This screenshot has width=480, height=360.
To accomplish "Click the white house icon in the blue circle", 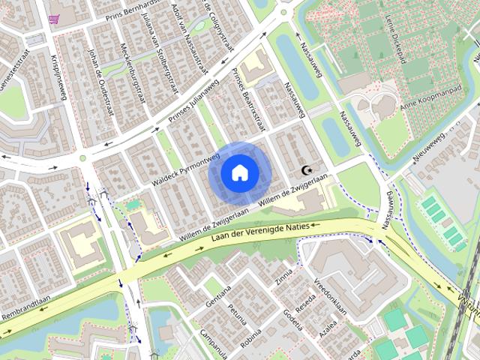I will pyautogui.click(x=239, y=173).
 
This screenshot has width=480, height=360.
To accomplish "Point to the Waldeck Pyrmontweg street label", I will pyautogui.click(x=184, y=168).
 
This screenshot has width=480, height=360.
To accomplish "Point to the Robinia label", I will pyautogui.click(x=250, y=337).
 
